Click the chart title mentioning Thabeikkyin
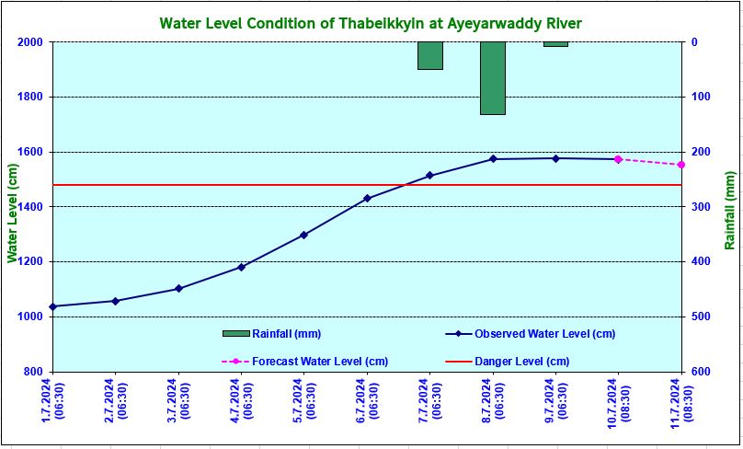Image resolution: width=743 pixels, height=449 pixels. pyautogui.click(x=371, y=22)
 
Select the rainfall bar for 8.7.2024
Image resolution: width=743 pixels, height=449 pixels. pyautogui.click(x=492, y=78)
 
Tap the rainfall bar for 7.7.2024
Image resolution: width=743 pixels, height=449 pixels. pyautogui.click(x=429, y=55)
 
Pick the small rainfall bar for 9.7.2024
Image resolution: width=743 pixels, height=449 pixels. pyautogui.click(x=555, y=44)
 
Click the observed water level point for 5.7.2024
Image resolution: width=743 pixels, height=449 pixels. pyautogui.click(x=303, y=235)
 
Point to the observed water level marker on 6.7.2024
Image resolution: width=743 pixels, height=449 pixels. pyautogui.click(x=367, y=198)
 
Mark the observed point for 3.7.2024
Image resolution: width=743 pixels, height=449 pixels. pyautogui.click(x=178, y=289)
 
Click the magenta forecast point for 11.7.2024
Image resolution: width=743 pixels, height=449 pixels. pyautogui.click(x=681, y=165)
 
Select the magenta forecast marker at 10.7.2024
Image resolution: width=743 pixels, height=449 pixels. pyautogui.click(x=618, y=159)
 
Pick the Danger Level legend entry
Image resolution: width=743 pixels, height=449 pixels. pyautogui.click(x=521, y=362)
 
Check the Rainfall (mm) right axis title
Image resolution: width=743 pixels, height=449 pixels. pyautogui.click(x=729, y=210)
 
